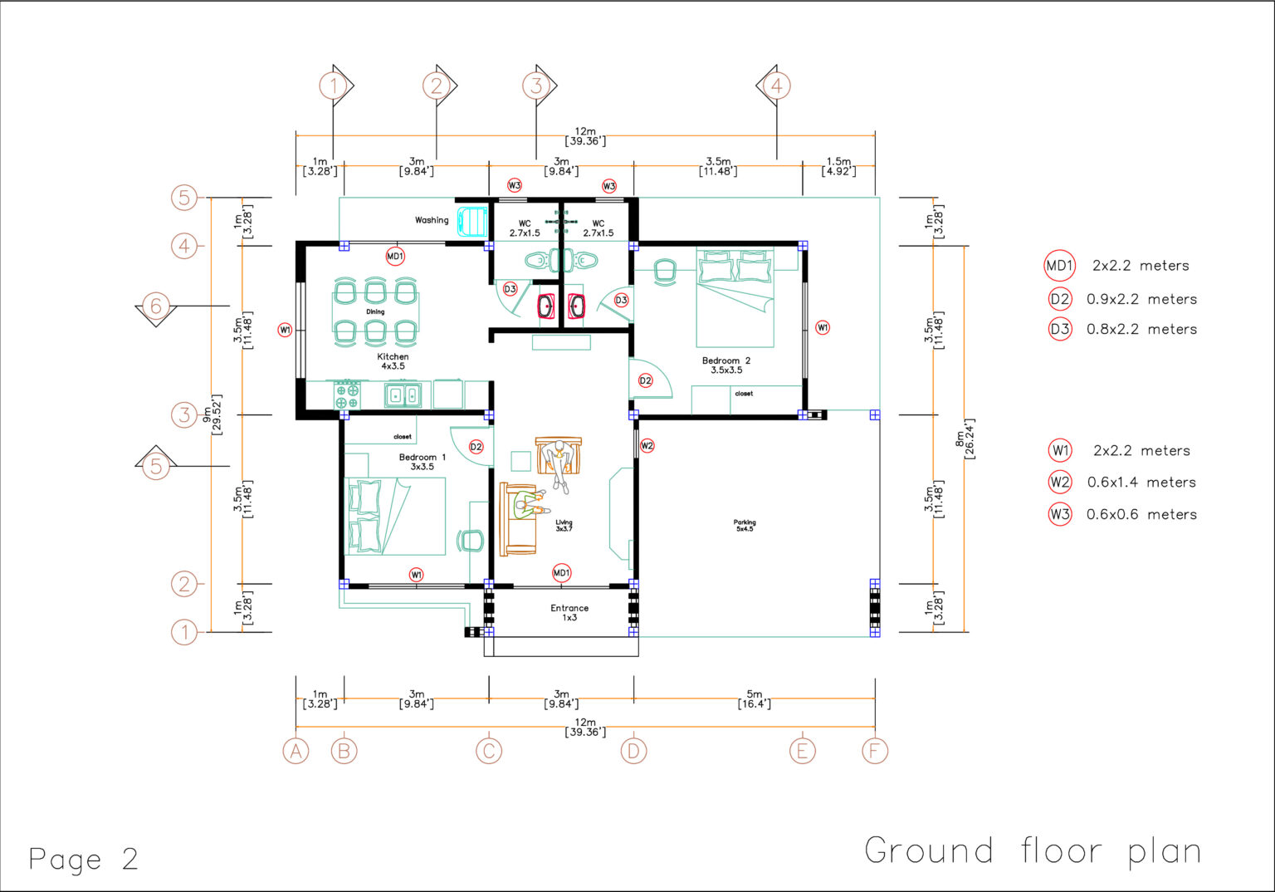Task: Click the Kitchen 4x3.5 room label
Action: (393, 361)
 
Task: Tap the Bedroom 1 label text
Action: (422, 458)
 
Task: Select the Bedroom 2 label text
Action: (725, 361)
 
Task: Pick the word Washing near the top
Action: (432, 220)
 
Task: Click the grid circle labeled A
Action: (296, 751)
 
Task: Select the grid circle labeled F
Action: (875, 751)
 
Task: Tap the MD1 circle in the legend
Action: (1060, 266)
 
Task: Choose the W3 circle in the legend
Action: (1060, 514)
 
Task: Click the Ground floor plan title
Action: (1033, 851)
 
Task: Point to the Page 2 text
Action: (83, 859)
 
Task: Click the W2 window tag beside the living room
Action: (647, 446)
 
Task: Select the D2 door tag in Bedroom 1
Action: (476, 447)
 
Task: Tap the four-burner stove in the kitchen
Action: (347, 395)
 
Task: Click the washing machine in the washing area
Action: (471, 221)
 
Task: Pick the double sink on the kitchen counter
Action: (403, 395)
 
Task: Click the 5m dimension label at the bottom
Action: (754, 698)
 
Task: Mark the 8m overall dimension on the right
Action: (965, 439)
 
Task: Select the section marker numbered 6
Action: (156, 306)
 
